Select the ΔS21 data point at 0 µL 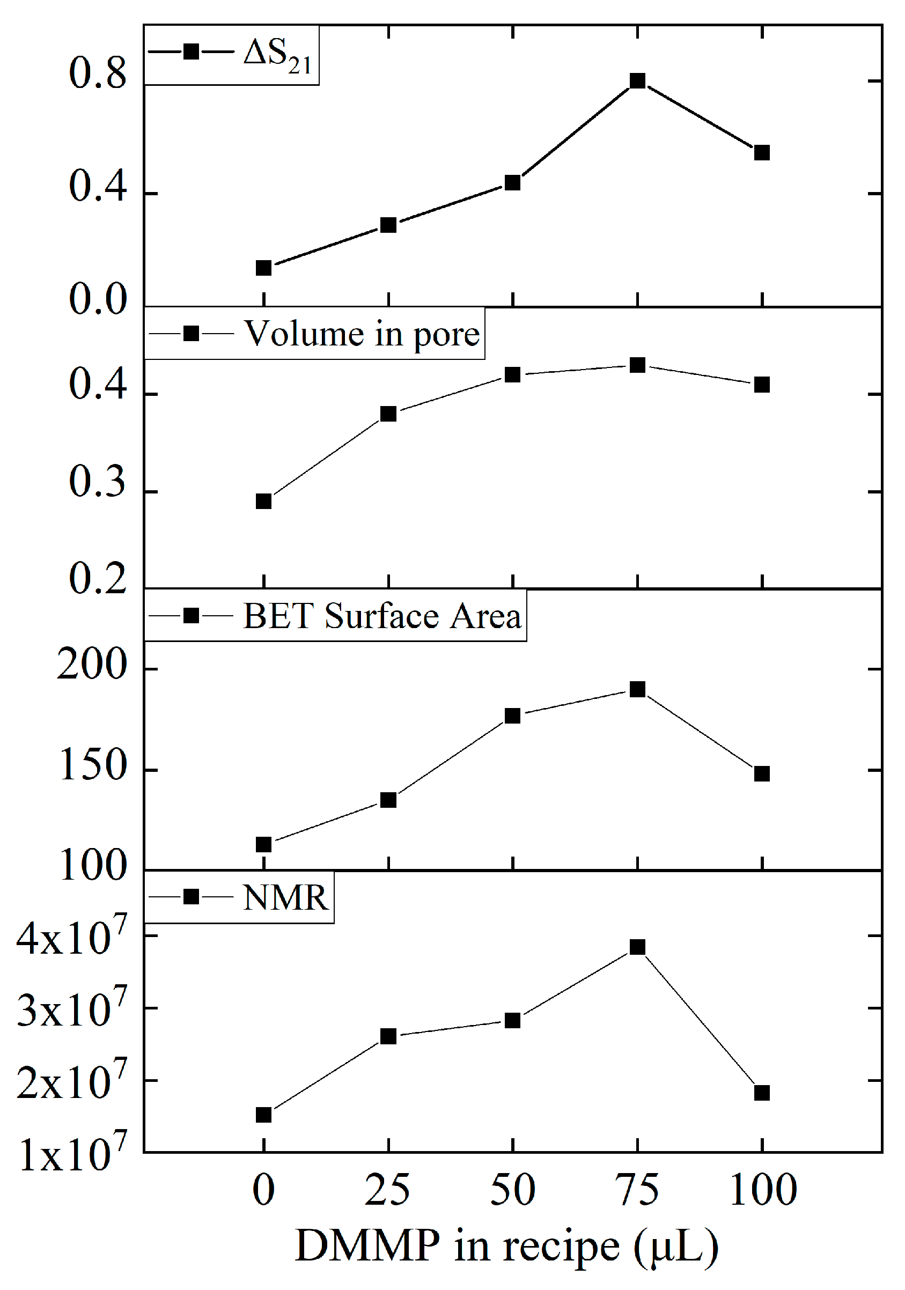coord(263,268)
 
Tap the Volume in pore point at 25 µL coord(388,414)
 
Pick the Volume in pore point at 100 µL coord(762,385)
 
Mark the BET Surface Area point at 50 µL coord(512,716)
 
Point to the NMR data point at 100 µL coord(762,1093)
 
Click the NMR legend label coord(285,898)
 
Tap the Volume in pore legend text coord(362,334)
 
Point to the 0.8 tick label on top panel coord(98,73)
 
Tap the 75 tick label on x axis coord(636,1190)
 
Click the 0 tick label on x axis coord(263,1190)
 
